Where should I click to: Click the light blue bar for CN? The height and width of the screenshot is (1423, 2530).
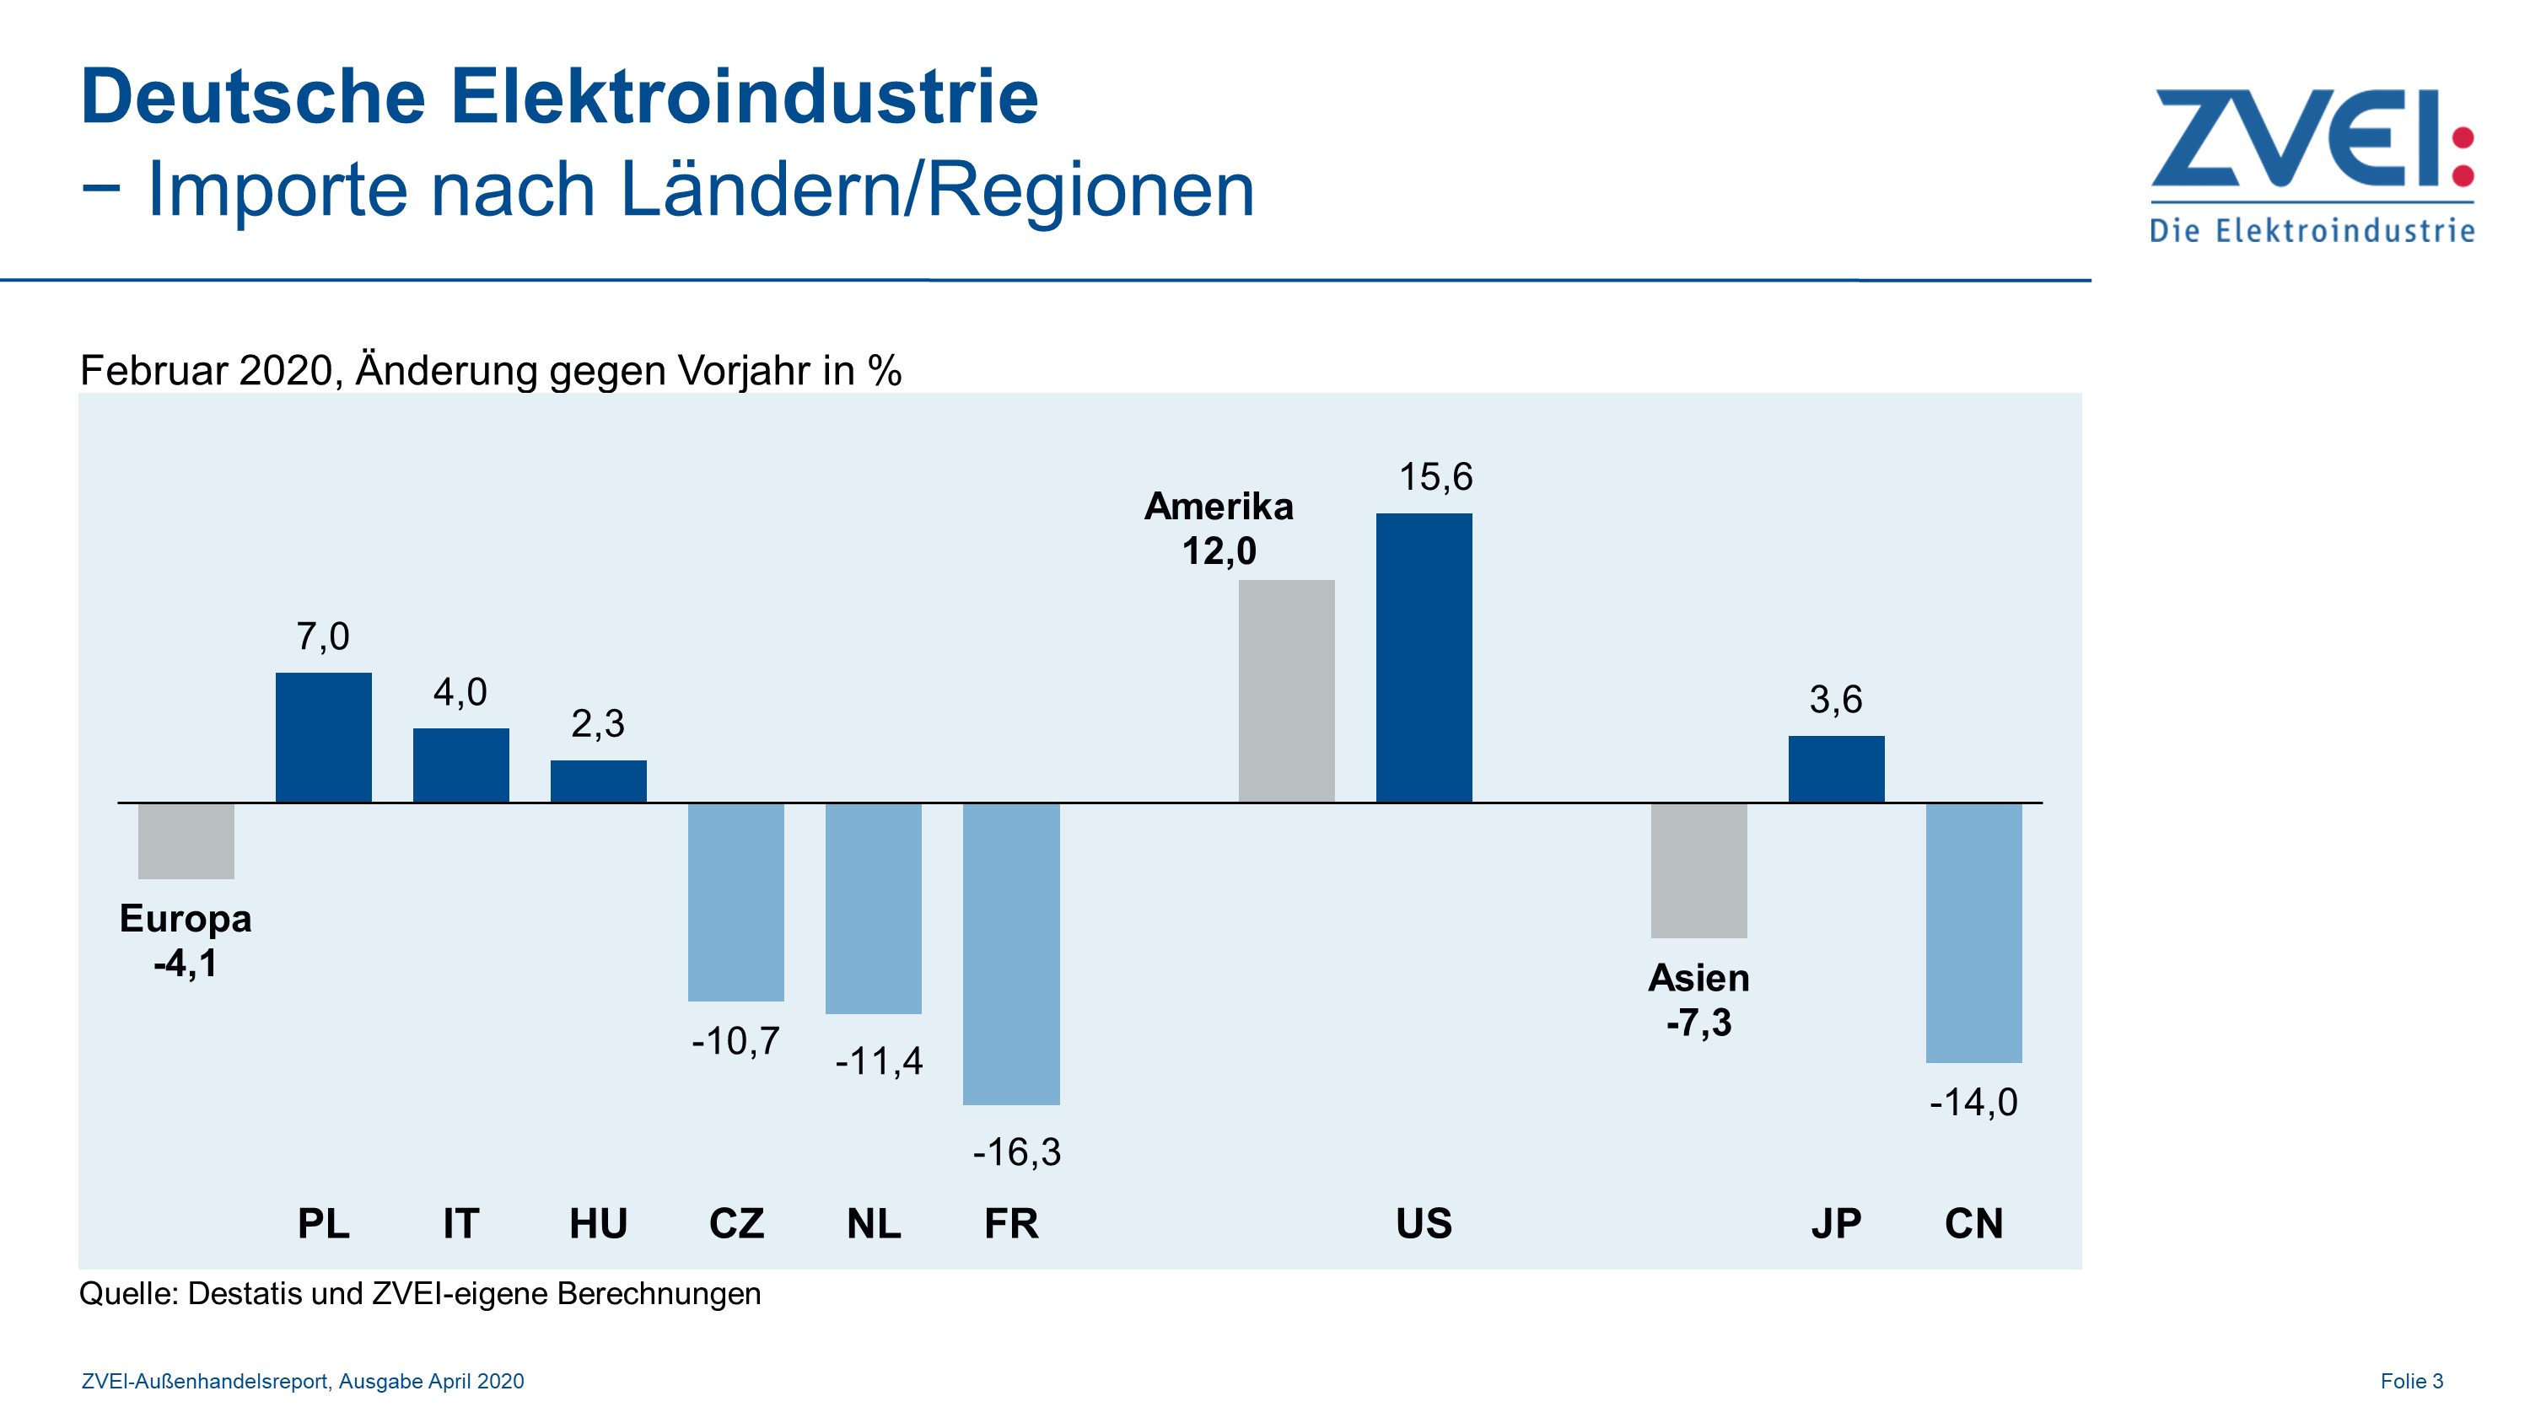click(1973, 932)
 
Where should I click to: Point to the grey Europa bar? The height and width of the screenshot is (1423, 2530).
click(186, 840)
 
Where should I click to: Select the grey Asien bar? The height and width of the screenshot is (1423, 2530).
click(1698, 870)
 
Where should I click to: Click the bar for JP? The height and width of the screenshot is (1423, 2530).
click(1836, 769)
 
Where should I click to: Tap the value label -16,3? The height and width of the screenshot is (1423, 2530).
click(1016, 1152)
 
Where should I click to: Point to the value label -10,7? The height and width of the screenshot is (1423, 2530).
click(735, 1041)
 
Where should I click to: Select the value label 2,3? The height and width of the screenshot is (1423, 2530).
click(597, 724)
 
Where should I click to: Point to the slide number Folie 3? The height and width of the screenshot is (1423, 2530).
click(2411, 1381)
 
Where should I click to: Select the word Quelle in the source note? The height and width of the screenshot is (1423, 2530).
click(127, 1293)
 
